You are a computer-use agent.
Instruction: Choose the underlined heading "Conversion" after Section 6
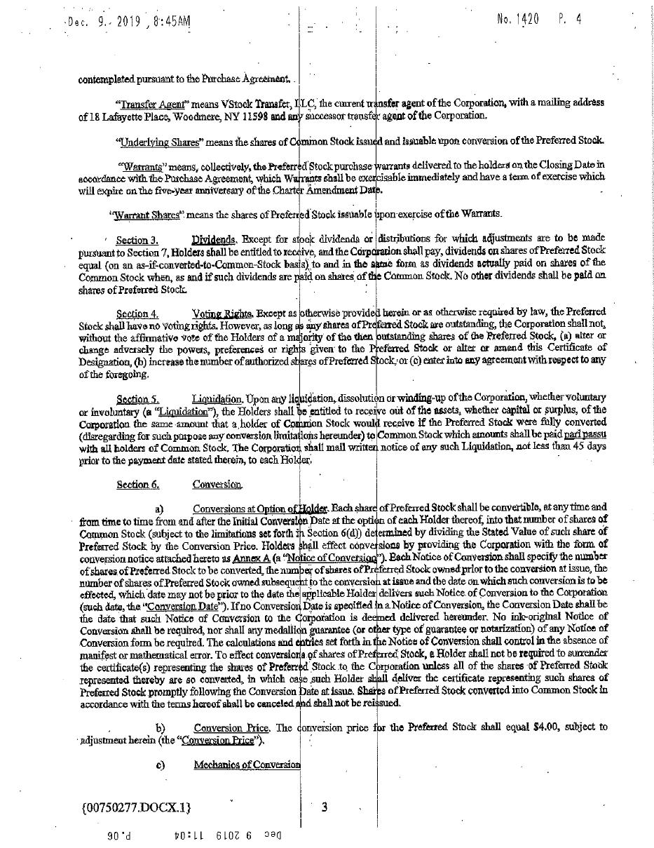click(x=217, y=485)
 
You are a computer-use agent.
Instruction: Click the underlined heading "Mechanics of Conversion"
click(x=247, y=765)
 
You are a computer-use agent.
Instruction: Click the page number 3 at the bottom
click(x=324, y=807)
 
